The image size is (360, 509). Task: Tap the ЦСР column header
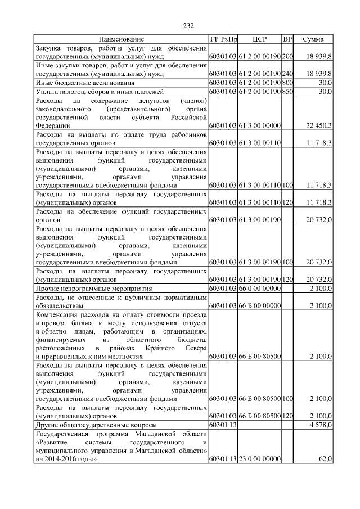point(259,39)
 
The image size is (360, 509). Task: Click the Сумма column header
point(313,39)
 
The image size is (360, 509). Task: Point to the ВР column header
point(287,39)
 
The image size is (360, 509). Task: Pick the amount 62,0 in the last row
point(325,460)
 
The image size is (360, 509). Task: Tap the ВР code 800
point(287,83)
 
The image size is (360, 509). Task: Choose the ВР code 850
point(287,91)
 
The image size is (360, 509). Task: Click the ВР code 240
point(287,74)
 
